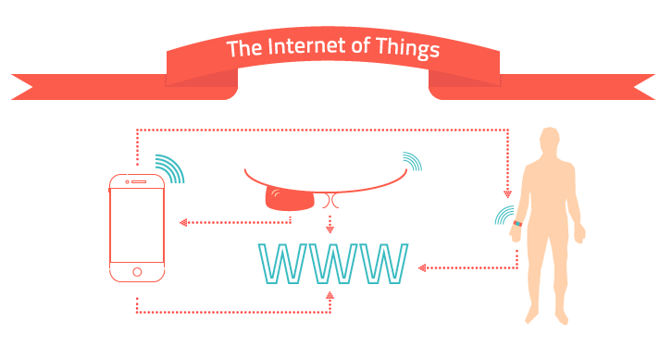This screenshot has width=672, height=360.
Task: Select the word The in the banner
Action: [244, 48]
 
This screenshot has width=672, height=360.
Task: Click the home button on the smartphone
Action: [137, 272]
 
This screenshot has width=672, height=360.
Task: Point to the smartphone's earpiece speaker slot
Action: [139, 181]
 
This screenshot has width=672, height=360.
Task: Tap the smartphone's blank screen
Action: [137, 225]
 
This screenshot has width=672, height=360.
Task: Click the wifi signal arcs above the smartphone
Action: [170, 168]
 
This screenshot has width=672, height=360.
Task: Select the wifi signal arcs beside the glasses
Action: [412, 161]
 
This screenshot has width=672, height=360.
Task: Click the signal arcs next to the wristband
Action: [504, 215]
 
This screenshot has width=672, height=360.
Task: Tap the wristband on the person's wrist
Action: [517, 223]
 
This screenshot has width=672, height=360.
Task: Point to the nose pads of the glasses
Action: [330, 201]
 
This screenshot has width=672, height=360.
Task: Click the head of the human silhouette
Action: [550, 142]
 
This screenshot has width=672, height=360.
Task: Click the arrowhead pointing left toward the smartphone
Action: [183, 222]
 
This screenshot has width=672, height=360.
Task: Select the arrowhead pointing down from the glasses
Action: [330, 230]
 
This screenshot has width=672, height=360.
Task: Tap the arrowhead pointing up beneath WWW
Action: [330, 295]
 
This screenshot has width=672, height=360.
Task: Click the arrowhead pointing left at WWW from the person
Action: [422, 267]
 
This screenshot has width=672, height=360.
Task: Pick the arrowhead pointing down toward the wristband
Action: [508, 193]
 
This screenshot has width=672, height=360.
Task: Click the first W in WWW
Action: [282, 264]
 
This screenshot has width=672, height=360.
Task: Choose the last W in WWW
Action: [383, 264]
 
